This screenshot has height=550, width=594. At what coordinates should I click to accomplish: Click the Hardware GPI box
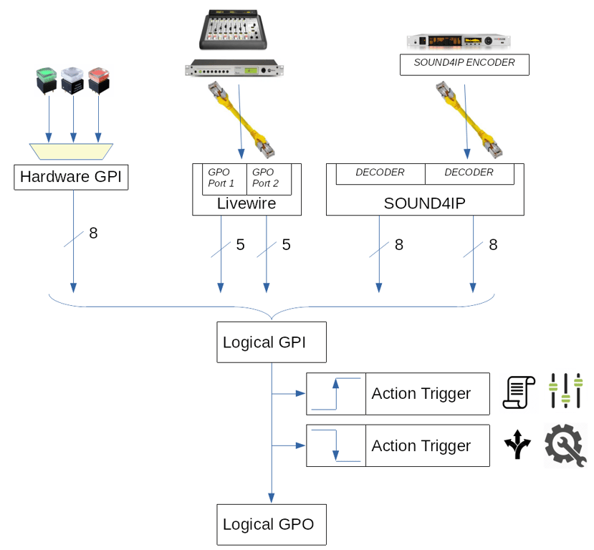pyautogui.click(x=71, y=177)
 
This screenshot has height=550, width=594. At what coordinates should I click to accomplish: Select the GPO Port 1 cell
pyautogui.click(x=220, y=178)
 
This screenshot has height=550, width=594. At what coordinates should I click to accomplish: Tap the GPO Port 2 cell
pyautogui.click(x=269, y=178)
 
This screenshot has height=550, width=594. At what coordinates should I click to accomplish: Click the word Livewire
pyautogui.click(x=246, y=204)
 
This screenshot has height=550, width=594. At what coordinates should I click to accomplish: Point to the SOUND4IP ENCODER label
pyautogui.click(x=464, y=64)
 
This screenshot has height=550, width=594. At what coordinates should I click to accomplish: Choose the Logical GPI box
pyautogui.click(x=272, y=342)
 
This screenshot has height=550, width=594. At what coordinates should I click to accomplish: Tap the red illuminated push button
pyautogui.click(x=98, y=79)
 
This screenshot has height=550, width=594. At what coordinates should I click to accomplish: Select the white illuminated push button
pyautogui.click(x=73, y=80)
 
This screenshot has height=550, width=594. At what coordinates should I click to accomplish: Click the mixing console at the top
pyautogui.click(x=234, y=29)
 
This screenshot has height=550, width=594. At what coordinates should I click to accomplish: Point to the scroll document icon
pyautogui.click(x=519, y=392)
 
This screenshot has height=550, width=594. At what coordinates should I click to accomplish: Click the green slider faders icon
pyautogui.click(x=565, y=391)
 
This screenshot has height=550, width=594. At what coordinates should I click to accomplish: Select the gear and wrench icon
pyautogui.click(x=565, y=445)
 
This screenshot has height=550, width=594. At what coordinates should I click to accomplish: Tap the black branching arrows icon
pyautogui.click(x=517, y=445)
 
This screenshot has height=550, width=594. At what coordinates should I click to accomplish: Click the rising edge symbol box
pyautogui.click(x=336, y=394)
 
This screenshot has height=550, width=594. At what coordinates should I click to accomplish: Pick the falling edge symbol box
pyautogui.click(x=336, y=445)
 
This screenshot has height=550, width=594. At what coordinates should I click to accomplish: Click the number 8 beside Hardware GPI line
pyautogui.click(x=93, y=233)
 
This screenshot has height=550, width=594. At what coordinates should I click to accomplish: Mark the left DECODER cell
pyautogui.click(x=380, y=173)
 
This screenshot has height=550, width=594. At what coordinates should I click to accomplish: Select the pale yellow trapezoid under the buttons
pyautogui.click(x=72, y=152)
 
